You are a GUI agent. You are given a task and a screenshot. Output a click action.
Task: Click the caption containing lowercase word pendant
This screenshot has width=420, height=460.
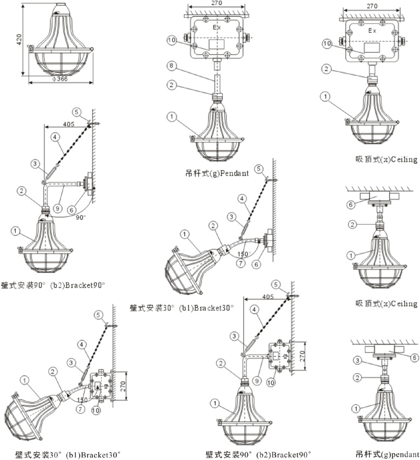[x=387, y=453]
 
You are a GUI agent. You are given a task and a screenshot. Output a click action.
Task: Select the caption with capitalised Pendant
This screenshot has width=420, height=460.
[x=217, y=174]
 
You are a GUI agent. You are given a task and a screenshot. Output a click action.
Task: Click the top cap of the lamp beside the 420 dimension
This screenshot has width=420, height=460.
[x=59, y=9]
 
